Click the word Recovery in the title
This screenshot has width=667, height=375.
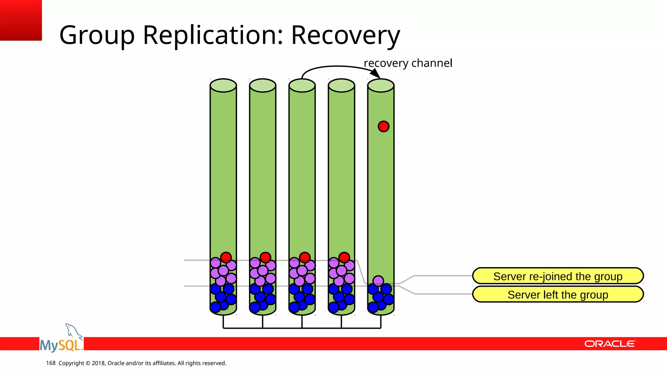(345, 35)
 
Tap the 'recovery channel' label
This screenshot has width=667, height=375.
(408, 63)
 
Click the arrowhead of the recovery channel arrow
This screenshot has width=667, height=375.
(376, 74)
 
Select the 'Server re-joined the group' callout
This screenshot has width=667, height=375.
(558, 276)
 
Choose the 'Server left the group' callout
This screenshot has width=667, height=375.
(558, 295)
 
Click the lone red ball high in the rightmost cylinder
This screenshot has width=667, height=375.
(383, 126)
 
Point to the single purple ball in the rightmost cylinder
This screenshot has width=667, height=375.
(378, 280)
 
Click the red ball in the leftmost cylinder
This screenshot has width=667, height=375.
(226, 257)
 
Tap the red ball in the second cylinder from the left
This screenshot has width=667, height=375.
(265, 257)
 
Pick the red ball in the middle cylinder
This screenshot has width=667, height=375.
(305, 257)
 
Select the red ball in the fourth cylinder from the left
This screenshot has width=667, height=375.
(344, 257)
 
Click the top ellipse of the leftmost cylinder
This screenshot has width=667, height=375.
(223, 86)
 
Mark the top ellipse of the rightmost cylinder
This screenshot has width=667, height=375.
(381, 86)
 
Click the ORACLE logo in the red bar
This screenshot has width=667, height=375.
(609, 344)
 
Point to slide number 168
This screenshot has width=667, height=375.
(51, 363)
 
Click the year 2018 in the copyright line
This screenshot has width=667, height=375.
(98, 363)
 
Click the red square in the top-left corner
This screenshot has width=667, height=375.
(21, 20)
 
